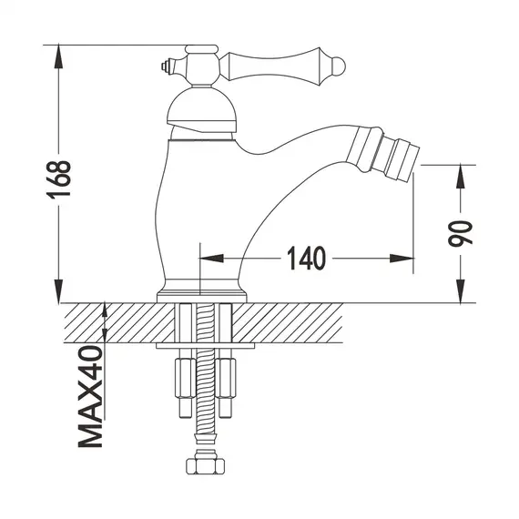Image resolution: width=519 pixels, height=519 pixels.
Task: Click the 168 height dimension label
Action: tap(60, 174)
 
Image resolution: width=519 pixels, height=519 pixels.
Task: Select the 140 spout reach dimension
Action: tap(307, 259)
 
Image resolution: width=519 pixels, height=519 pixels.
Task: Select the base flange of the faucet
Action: tap(201, 293)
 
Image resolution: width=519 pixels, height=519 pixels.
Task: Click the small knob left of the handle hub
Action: tap(166, 65)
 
